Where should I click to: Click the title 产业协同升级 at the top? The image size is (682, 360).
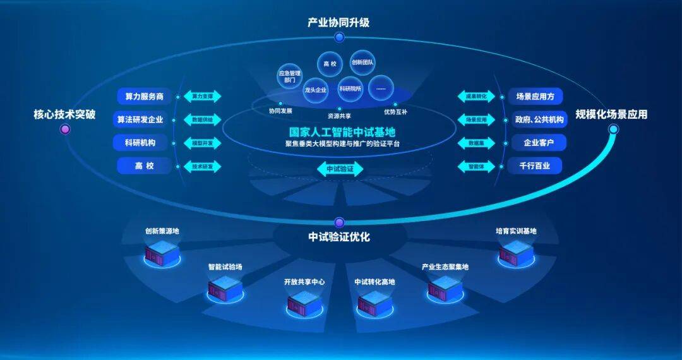338,23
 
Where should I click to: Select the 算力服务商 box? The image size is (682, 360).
144,97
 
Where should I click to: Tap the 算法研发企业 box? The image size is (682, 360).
140,119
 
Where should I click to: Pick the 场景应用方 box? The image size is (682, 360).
535,97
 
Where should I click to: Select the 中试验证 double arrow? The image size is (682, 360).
340,169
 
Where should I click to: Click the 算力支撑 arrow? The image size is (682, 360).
202,97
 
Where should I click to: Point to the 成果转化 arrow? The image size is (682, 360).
477,97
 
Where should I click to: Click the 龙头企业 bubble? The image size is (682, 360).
316,90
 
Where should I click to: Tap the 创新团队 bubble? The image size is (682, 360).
362,63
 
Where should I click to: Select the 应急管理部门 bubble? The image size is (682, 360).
290,77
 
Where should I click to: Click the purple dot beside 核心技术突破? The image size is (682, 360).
64,129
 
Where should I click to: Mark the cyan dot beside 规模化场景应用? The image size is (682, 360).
613,129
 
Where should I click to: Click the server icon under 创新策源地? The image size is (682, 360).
162,253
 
